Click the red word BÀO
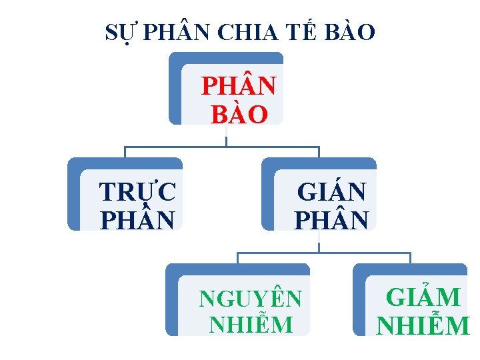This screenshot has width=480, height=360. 239,115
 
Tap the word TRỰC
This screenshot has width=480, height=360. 137,192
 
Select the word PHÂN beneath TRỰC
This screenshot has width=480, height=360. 137,219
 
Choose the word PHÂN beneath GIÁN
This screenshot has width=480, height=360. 331,219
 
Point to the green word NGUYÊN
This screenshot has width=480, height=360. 251,299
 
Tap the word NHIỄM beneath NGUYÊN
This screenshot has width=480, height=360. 251,325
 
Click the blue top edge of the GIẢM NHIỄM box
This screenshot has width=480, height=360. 413,269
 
